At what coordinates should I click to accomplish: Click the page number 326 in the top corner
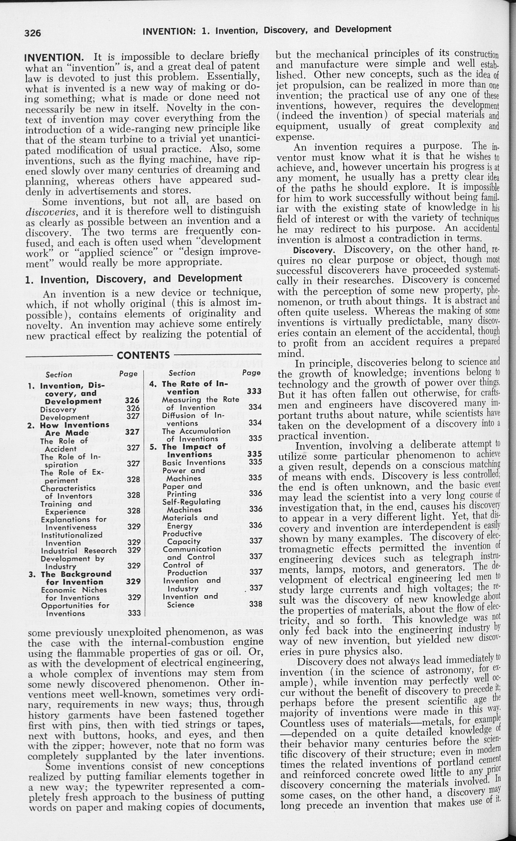pyautogui.click(x=33, y=33)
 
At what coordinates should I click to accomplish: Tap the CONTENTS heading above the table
pyautogui.click(x=143, y=355)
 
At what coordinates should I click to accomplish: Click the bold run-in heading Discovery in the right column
pyautogui.click(x=313, y=250)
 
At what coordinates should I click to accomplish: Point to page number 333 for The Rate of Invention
pyautogui.click(x=254, y=391)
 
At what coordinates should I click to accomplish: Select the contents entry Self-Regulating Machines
pyautogui.click(x=191, y=505)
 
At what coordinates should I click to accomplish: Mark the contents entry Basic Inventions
pyautogui.click(x=194, y=463)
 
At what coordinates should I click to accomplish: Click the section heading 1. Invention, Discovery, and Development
pyautogui.click(x=133, y=279)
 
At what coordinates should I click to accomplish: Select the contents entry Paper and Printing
pyautogui.click(x=181, y=490)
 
